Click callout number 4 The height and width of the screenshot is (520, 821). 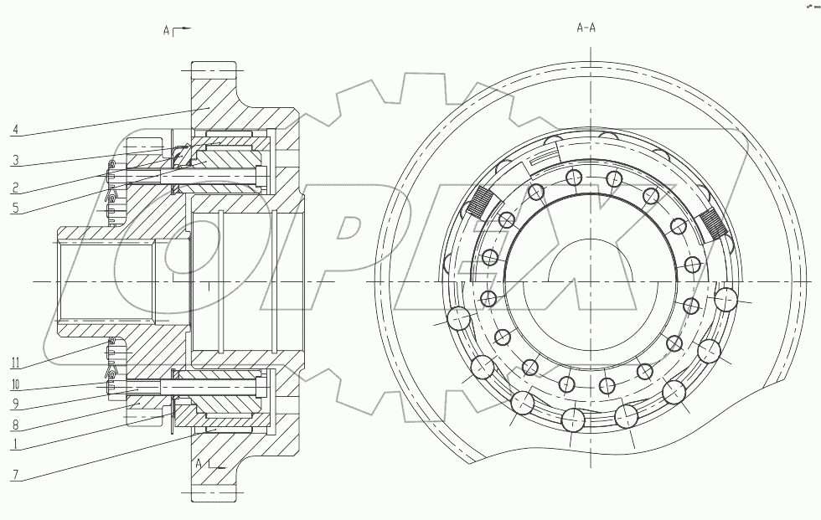point(16,130)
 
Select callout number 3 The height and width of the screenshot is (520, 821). point(16,159)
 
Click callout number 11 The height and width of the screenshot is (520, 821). point(16,363)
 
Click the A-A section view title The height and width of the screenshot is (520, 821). point(586,28)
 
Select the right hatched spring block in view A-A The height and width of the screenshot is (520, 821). point(712,224)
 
